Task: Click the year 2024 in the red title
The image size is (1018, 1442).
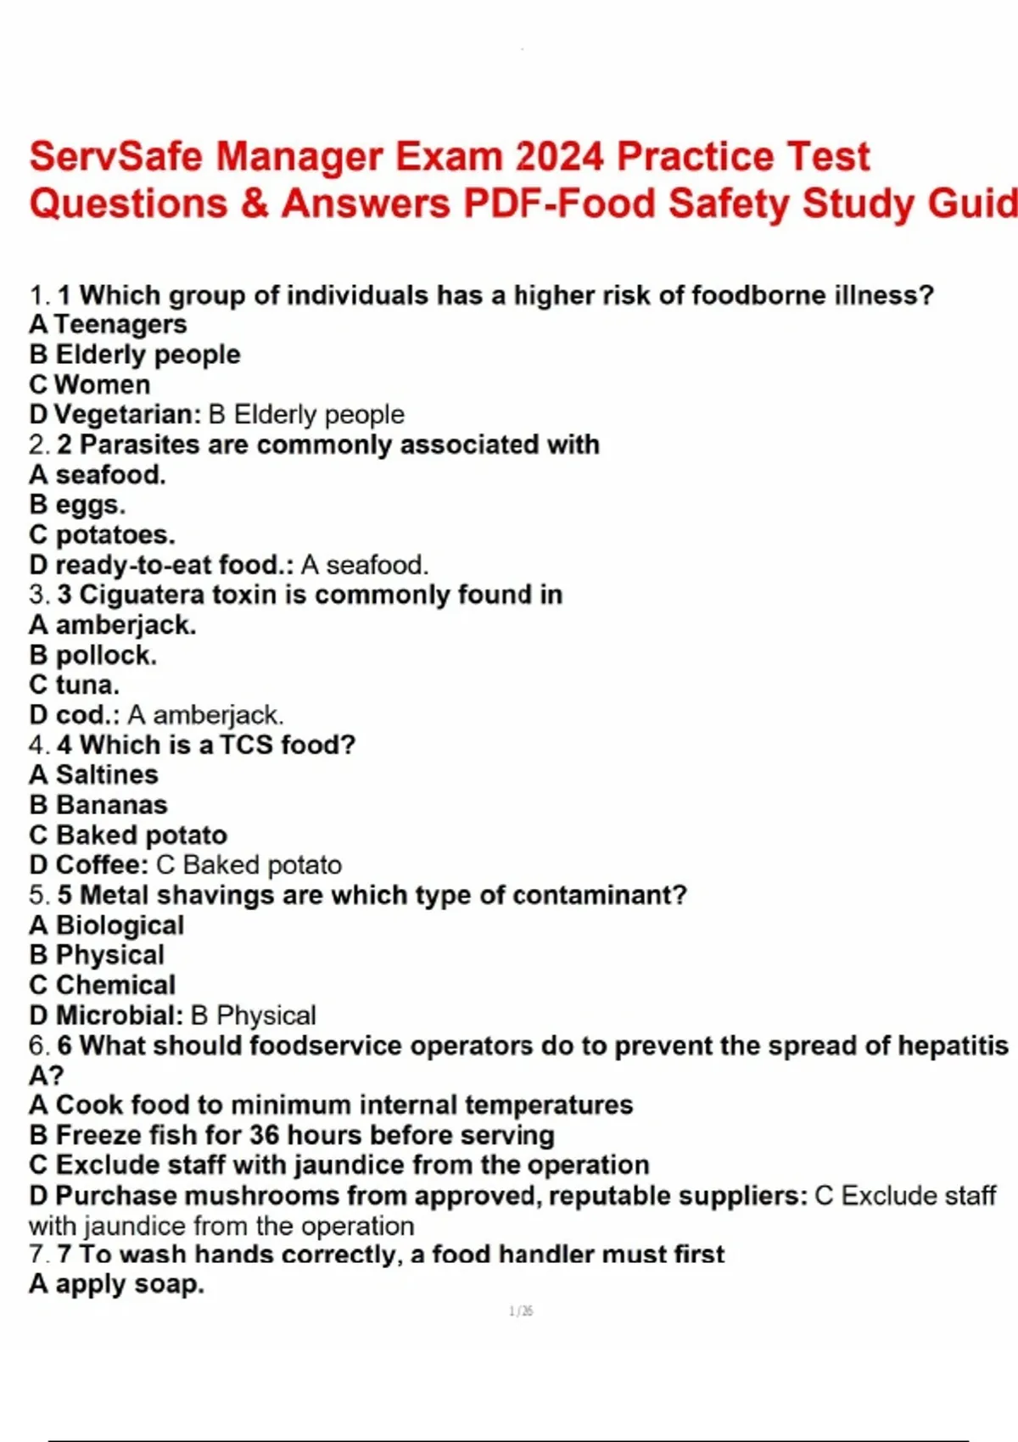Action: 559,157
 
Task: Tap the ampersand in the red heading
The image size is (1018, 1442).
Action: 254,204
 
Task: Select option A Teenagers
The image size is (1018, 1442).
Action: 108,324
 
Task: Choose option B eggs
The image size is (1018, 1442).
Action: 77,505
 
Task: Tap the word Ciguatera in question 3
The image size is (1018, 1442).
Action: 141,595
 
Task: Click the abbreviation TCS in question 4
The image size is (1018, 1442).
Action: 246,745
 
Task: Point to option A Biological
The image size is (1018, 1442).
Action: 106,925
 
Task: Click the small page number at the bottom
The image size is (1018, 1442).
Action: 521,1311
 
